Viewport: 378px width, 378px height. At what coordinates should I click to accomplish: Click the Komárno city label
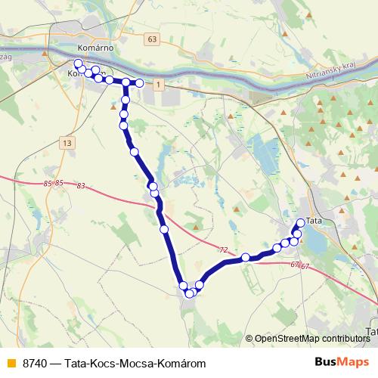pos(95,47)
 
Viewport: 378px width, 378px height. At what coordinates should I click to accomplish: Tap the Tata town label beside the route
pos(314,214)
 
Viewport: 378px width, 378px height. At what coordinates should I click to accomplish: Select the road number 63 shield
pos(153,39)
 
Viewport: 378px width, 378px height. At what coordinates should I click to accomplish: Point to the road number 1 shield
pos(157,86)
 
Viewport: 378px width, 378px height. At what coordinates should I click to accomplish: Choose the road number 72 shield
pos(223,249)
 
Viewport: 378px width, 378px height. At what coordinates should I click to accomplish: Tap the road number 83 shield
pos(81,186)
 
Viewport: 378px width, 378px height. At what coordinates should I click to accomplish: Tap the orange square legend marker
pos(10,364)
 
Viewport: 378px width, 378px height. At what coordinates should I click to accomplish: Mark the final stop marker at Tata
pos(300,222)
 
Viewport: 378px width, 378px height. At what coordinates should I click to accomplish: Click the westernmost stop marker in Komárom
pos(78,64)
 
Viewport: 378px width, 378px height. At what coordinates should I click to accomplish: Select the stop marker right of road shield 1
pos(140,82)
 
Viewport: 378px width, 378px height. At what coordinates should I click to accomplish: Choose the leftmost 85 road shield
pos(48,183)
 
